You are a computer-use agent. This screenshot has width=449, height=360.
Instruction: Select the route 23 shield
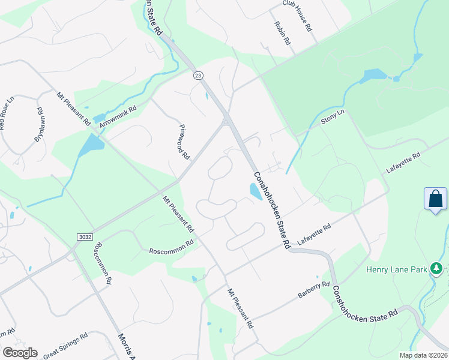pos(197,75)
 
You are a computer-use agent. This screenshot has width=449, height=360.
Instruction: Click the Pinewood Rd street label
pos(184,142)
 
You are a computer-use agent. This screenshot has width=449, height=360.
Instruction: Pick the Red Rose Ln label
pos(6,113)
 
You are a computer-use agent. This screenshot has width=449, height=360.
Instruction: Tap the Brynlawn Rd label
pos(39,124)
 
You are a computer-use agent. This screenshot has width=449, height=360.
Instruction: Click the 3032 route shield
pos(85,237)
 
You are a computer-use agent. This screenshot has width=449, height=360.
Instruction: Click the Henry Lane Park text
pos(396,269)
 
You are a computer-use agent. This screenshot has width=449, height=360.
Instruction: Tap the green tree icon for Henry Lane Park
pos(438,269)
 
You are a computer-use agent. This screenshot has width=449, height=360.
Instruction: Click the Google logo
pos(20,352)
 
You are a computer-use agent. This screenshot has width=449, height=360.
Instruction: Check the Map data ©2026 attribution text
pos(423,355)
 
